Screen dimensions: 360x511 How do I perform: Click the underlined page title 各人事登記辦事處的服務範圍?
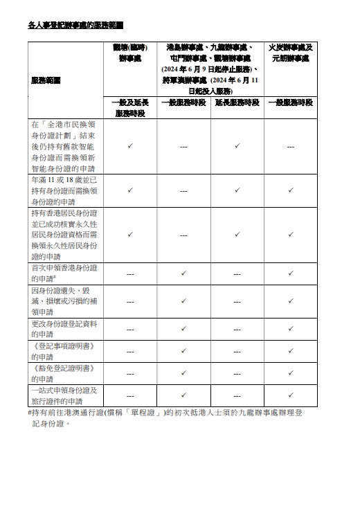pyautogui.click(x=75, y=24)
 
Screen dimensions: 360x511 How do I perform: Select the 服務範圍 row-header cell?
pyautogui.click(x=46, y=80)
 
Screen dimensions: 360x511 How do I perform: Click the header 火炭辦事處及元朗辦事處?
pyautogui.click(x=291, y=53)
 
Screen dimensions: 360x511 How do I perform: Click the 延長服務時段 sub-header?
pyautogui.click(x=237, y=102)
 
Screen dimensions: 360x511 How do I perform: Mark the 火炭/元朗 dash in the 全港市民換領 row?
pyautogui.click(x=291, y=147)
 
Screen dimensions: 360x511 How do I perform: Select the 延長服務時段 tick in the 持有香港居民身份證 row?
pyautogui.click(x=237, y=234)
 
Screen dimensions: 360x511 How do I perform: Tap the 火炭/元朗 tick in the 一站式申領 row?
pyautogui.click(x=291, y=395)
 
